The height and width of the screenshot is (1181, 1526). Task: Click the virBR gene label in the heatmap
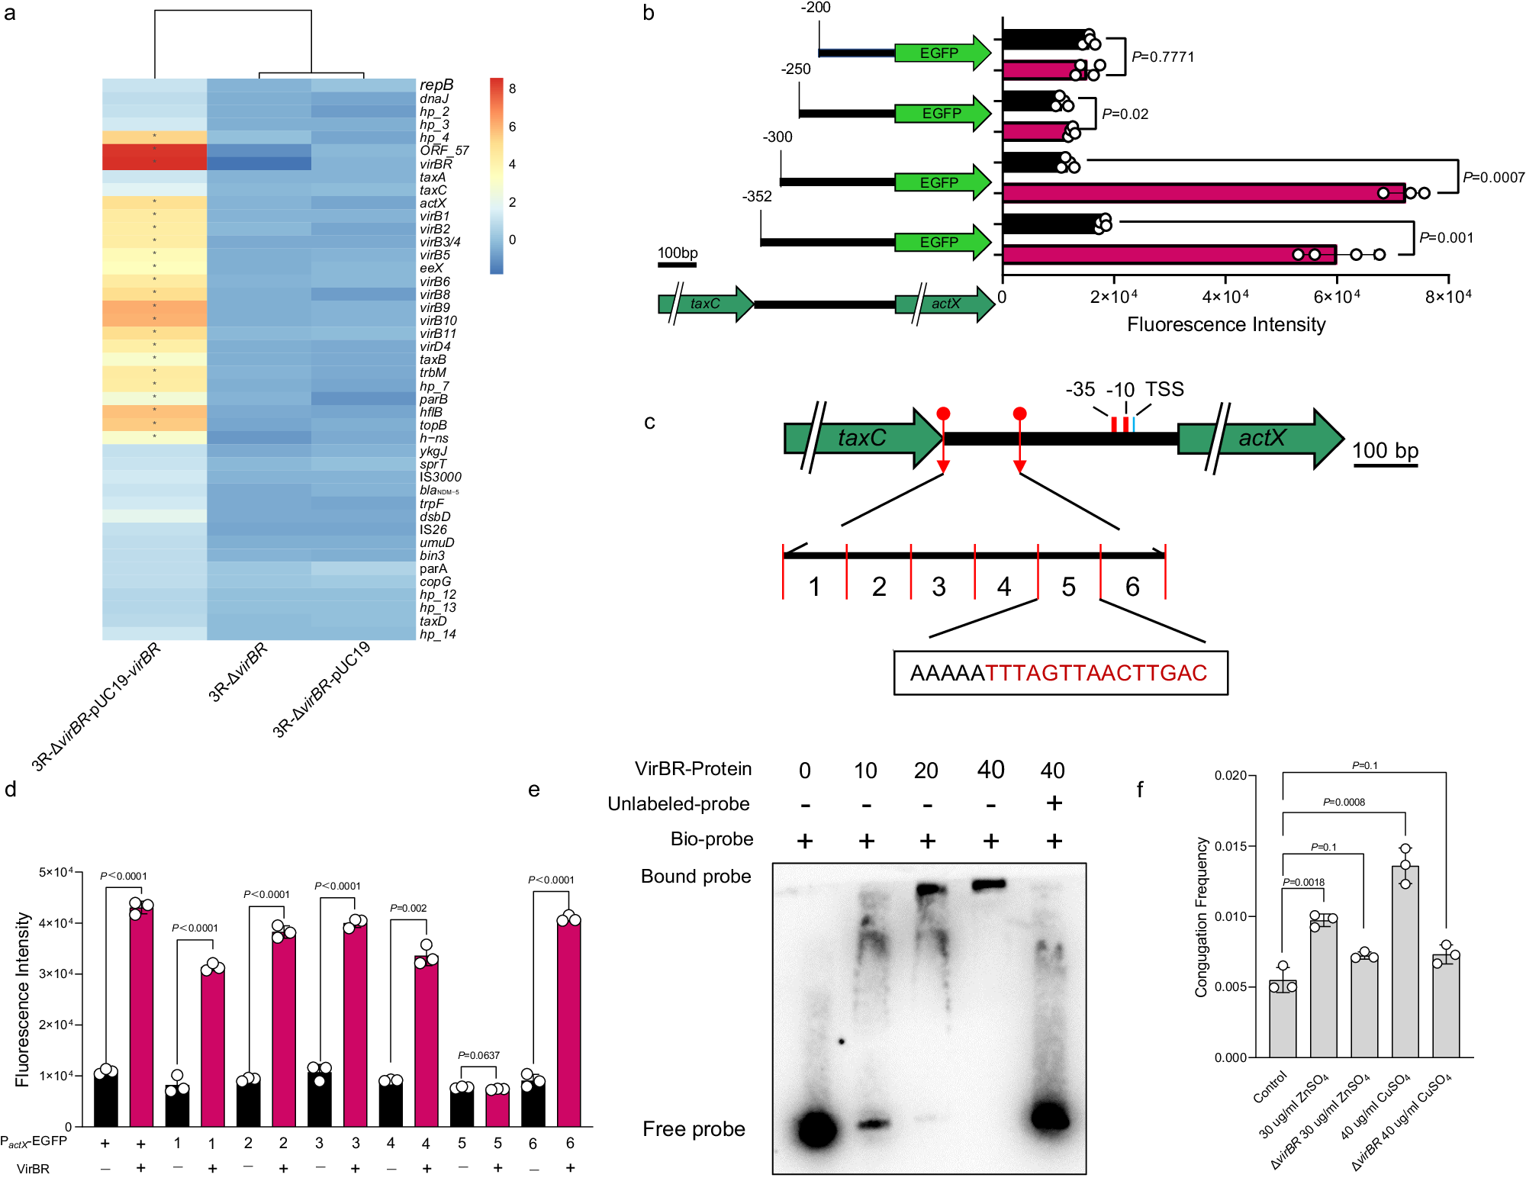[x=436, y=164]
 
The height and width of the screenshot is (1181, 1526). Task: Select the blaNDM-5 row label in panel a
[x=439, y=491]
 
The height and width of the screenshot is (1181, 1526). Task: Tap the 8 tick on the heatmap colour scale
[x=512, y=89]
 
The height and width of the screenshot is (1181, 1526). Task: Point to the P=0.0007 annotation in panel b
[x=1493, y=177]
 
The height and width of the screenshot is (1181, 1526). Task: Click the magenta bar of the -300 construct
[x=1203, y=193]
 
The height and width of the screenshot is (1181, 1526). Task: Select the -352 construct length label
[x=756, y=197]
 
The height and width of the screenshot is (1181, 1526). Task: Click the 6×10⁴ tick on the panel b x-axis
[x=1337, y=297]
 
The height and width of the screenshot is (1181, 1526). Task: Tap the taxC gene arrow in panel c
[x=862, y=438]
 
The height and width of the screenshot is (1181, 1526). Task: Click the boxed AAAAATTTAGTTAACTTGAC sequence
[x=1060, y=673]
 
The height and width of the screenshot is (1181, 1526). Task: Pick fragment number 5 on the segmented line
[x=1068, y=587]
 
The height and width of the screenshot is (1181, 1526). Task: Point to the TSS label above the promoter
[x=1164, y=389]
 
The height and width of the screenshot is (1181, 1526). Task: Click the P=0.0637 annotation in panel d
[x=478, y=1055]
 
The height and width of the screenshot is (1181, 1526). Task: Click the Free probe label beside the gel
[x=694, y=1129]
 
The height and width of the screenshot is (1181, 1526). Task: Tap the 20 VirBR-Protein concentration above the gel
[x=926, y=771]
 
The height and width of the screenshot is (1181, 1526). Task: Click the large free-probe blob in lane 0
[x=816, y=1128]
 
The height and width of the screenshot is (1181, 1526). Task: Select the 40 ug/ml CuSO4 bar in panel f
[x=1405, y=961]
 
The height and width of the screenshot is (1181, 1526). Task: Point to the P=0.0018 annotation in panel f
[x=1303, y=882]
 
